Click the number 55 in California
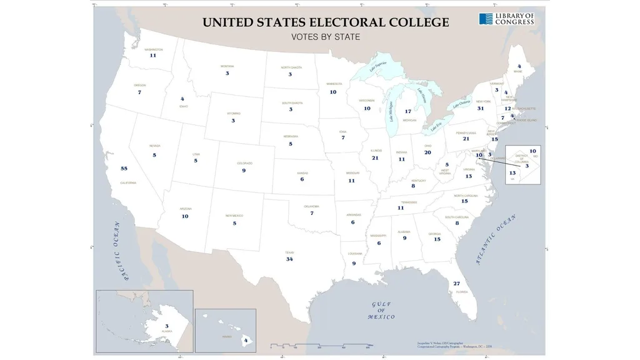[124, 169]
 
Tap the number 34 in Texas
[289, 259]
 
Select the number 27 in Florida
[457, 284]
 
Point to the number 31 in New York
[481, 108]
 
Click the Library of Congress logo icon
[486, 19]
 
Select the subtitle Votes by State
[326, 37]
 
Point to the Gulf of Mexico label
[381, 311]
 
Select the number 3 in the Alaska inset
[166, 326]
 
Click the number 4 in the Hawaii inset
[246, 341]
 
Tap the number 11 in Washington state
[152, 56]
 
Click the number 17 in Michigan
[408, 111]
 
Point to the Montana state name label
[227, 66]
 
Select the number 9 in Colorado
[244, 171]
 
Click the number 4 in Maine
[519, 66]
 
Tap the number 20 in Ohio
[427, 152]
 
